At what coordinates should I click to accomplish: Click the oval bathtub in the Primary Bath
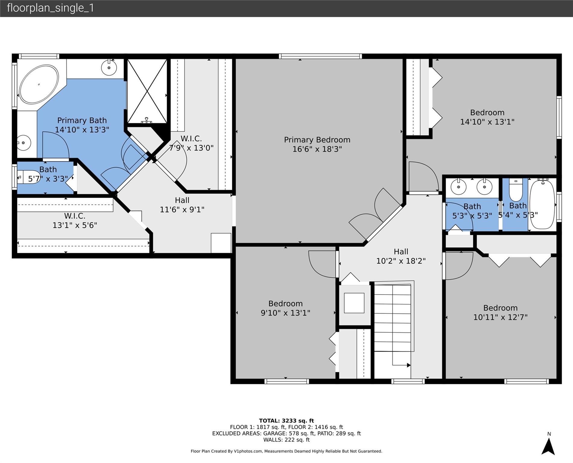(x=39, y=84)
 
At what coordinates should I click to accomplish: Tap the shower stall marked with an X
(x=147, y=91)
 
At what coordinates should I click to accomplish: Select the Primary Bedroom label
(x=317, y=140)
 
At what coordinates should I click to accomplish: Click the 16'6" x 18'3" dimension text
(x=317, y=149)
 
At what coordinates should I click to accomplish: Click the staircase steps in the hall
(x=393, y=318)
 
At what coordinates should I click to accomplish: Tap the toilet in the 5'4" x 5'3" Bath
(x=516, y=190)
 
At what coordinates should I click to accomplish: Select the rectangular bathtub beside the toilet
(x=542, y=204)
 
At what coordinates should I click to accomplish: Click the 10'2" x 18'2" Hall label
(x=401, y=256)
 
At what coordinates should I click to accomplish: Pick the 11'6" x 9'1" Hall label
(x=182, y=205)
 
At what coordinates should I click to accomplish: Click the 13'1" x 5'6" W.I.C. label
(x=75, y=221)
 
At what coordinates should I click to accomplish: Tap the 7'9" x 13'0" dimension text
(x=191, y=148)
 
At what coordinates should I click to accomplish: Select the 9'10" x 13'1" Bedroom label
(x=285, y=308)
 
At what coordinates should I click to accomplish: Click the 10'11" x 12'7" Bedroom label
(x=500, y=313)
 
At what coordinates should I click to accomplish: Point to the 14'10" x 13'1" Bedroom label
(x=487, y=117)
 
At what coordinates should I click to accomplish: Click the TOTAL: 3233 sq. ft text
(x=286, y=421)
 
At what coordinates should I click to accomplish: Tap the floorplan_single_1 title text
(x=50, y=8)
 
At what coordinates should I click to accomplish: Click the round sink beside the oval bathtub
(x=109, y=68)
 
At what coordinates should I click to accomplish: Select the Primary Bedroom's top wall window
(x=320, y=56)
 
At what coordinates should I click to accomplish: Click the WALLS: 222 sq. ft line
(x=286, y=440)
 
